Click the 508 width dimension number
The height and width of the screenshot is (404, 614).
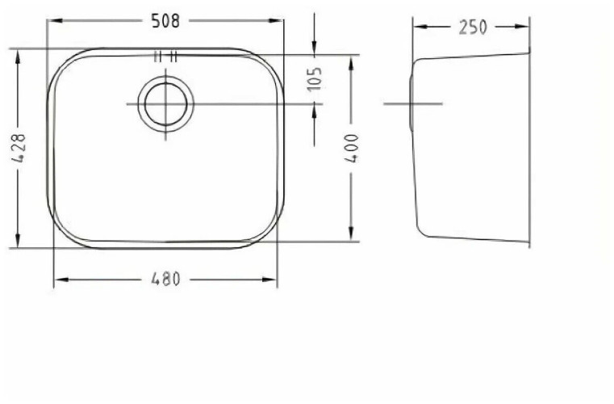tap(165, 22)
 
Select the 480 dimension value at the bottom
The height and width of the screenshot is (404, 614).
tap(165, 280)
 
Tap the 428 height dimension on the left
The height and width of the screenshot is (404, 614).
tap(19, 149)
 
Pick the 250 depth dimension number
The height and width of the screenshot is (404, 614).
tap(473, 27)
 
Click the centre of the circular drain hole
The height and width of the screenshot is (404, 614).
tap(166, 104)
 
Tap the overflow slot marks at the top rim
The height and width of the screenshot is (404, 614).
tap(166, 56)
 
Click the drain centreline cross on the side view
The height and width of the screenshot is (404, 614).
tap(413, 104)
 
